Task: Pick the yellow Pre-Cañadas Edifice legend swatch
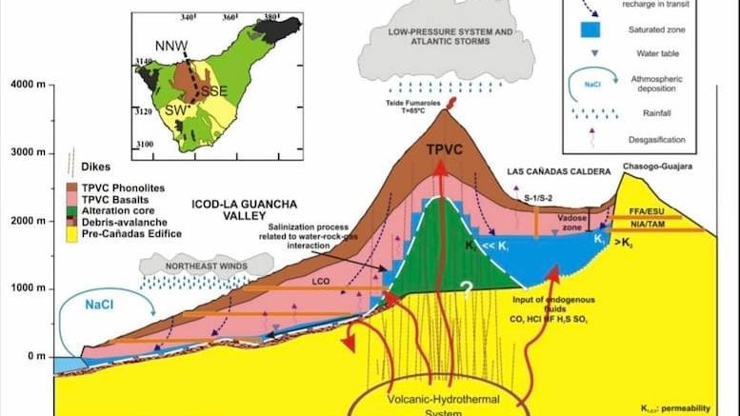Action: [71, 233]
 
